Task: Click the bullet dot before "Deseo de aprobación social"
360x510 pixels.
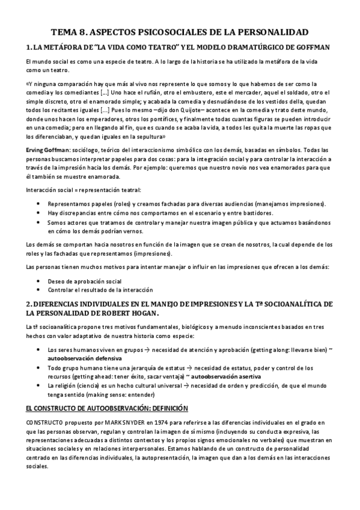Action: coord(39,281)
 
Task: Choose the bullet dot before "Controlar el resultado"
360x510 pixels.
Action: coord(39,289)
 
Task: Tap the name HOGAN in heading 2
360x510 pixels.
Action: coord(139,313)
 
